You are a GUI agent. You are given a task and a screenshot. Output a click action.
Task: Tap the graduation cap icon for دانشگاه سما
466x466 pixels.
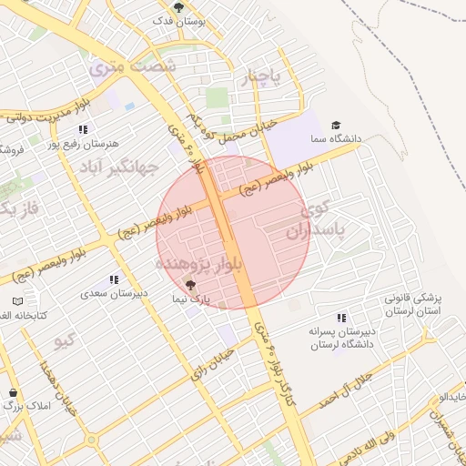pos(336,125)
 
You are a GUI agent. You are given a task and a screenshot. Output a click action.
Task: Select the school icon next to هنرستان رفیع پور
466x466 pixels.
pos(83,129)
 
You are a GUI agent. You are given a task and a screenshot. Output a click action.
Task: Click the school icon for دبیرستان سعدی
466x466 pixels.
pos(114,279)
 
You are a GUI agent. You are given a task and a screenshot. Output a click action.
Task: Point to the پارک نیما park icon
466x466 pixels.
pos(189,286)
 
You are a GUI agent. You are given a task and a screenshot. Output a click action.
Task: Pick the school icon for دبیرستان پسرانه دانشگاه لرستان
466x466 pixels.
pos(340,318)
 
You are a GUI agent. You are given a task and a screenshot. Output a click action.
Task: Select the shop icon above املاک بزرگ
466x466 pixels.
pos(14,393)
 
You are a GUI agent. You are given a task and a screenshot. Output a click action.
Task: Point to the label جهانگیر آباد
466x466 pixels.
pos(118,167)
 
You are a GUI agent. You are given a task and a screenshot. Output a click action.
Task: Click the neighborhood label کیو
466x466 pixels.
pos(64,341)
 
